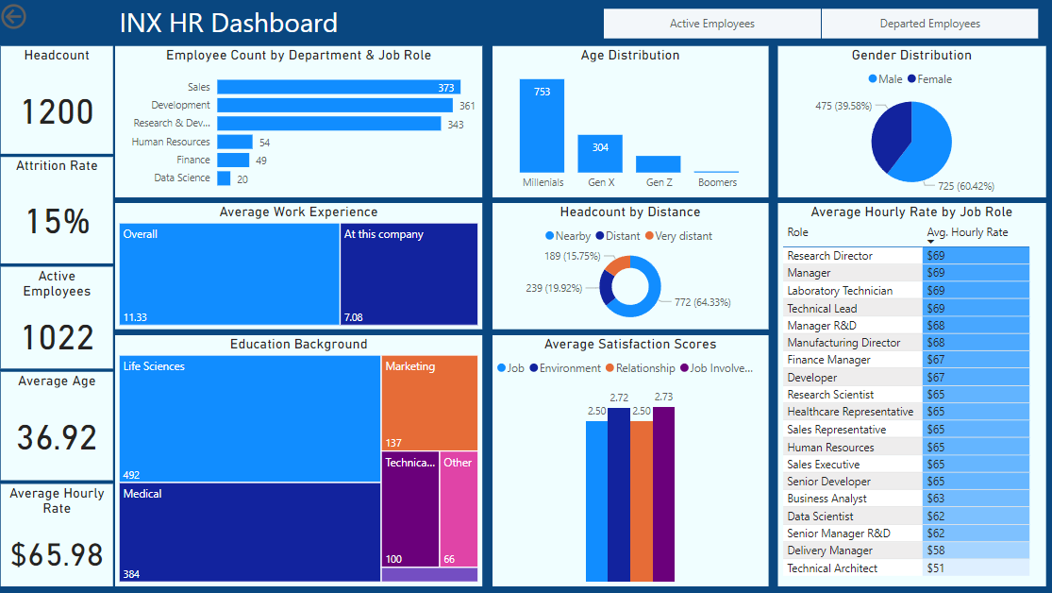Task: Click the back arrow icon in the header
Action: click(16, 17)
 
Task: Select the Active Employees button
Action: click(711, 24)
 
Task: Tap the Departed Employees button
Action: click(929, 24)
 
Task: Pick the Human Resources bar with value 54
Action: click(234, 142)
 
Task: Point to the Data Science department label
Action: click(182, 178)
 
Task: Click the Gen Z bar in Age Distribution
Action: click(658, 163)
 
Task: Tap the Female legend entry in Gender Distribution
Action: click(929, 79)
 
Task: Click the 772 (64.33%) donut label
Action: click(702, 302)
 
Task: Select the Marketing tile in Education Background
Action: click(429, 402)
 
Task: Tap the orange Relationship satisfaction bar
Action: click(641, 500)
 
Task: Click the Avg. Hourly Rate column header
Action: click(967, 232)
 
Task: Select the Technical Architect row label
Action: click(832, 568)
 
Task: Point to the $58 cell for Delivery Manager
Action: click(976, 551)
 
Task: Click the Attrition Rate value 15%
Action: click(58, 221)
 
